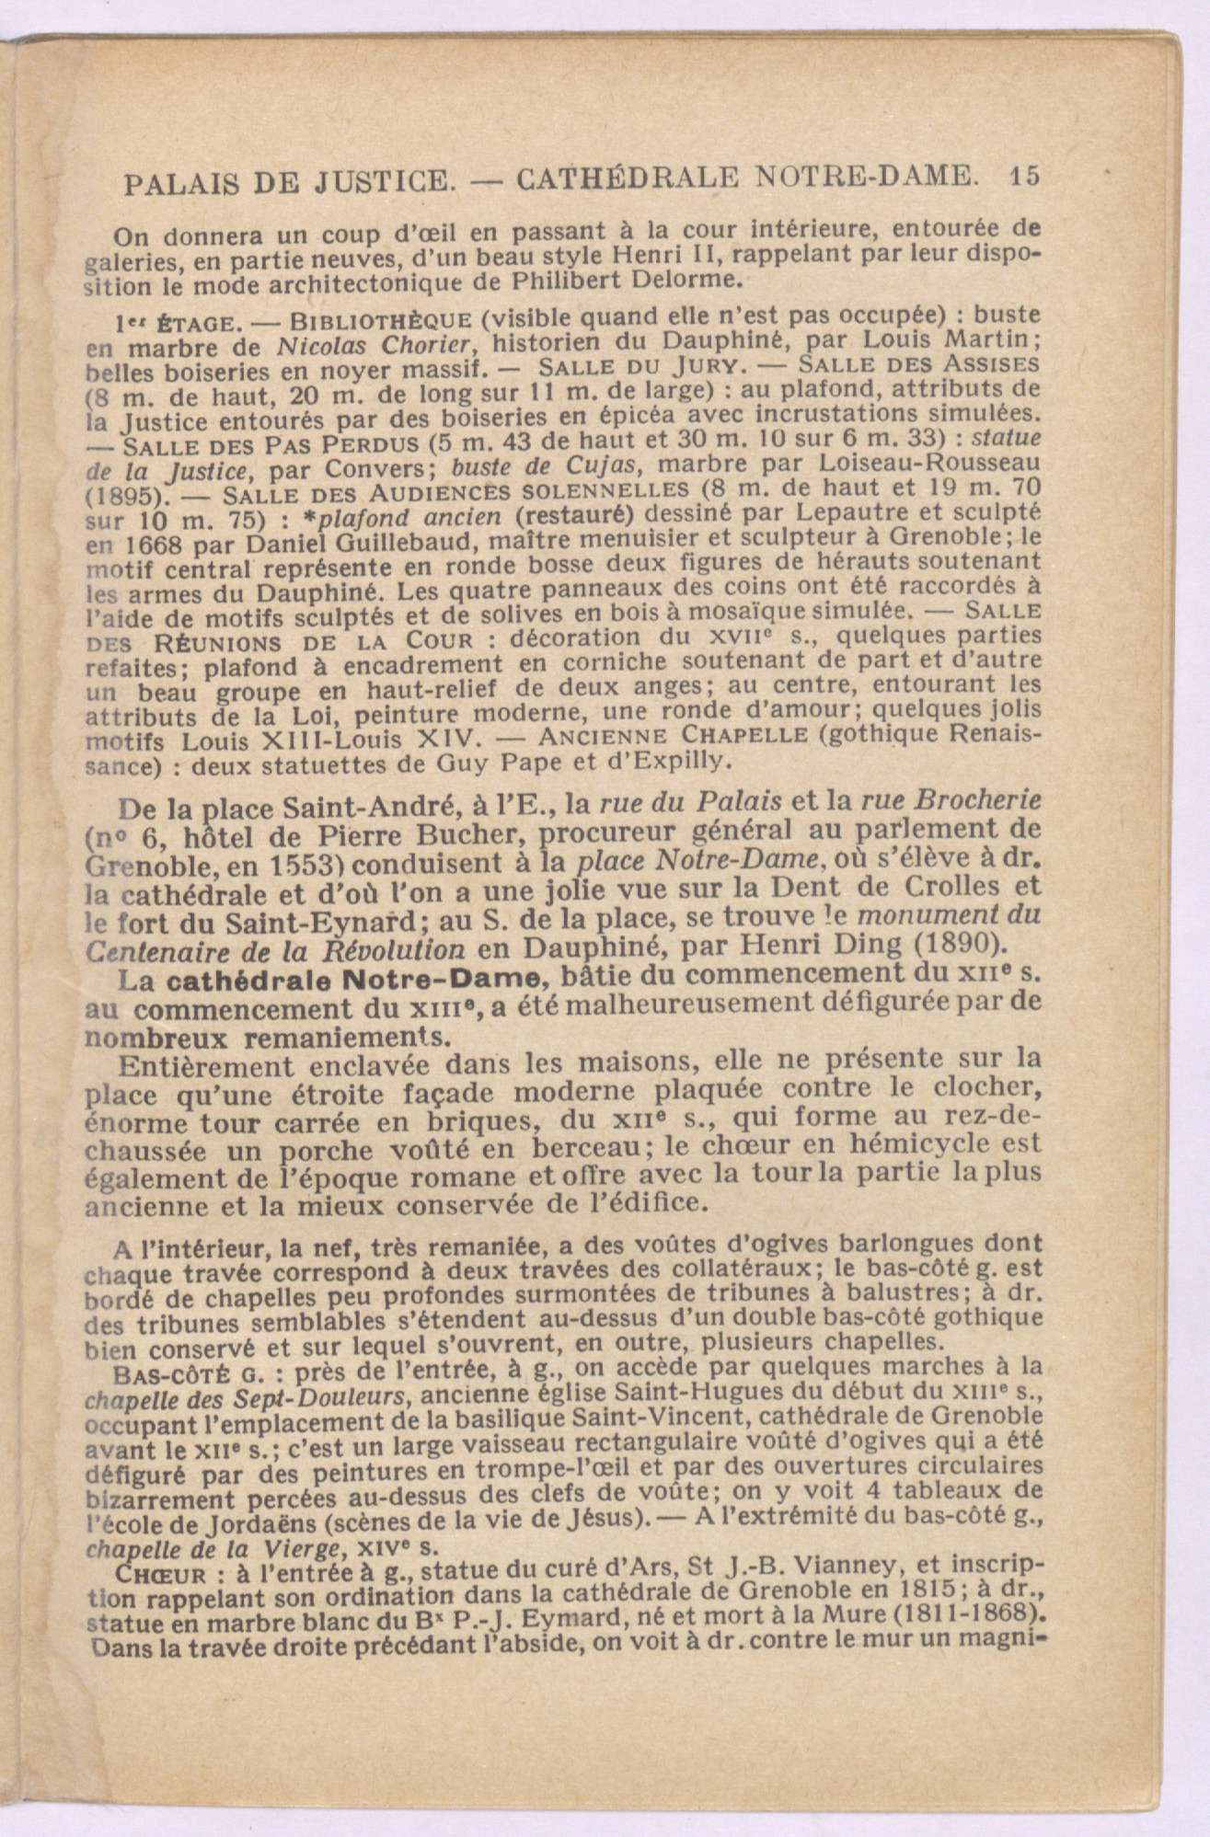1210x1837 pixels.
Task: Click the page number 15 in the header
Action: click(x=1024, y=176)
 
